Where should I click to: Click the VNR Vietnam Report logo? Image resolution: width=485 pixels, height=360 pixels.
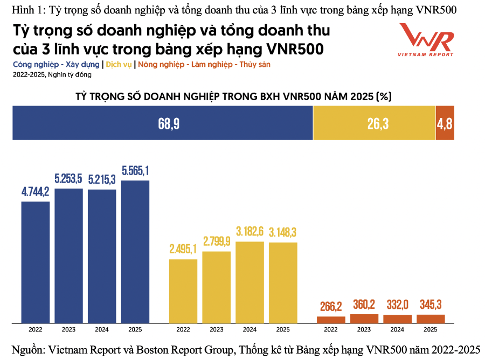(426, 40)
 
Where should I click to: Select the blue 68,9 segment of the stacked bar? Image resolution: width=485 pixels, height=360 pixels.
(162, 123)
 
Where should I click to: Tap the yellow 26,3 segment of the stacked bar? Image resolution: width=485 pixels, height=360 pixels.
(374, 123)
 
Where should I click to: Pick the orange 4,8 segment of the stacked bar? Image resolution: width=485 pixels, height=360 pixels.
(445, 123)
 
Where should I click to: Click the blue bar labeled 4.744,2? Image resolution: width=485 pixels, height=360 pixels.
(36, 262)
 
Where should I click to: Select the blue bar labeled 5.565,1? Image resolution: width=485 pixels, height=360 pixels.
(135, 251)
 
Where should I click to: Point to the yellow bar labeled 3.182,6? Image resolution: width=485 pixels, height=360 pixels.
(250, 282)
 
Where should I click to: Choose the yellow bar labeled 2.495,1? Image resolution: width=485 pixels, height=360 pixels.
(183, 291)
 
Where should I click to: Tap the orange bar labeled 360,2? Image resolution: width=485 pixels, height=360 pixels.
(364, 318)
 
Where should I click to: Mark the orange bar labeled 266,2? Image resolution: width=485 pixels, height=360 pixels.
(331, 320)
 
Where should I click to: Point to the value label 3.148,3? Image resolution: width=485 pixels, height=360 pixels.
(283, 233)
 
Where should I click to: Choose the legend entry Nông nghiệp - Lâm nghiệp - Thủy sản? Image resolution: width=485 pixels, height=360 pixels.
(204, 64)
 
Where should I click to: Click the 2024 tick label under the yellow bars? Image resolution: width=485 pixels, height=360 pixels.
(250, 329)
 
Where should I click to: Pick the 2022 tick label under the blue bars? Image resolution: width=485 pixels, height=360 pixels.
(36, 329)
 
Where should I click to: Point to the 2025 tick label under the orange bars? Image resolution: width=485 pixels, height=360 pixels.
(431, 329)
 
